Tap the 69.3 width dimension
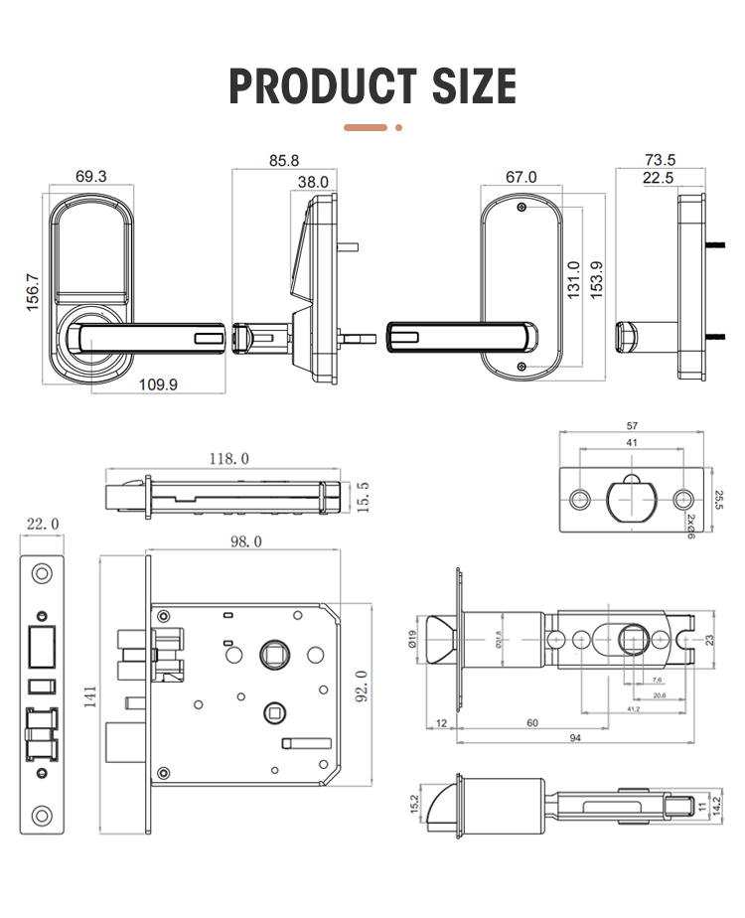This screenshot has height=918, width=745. click(90, 176)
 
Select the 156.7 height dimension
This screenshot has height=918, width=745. click(32, 290)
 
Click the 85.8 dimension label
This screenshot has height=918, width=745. click(283, 160)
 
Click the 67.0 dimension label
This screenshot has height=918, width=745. click(521, 177)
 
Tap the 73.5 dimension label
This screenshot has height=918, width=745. click(660, 160)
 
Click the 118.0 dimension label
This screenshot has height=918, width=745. click(227, 458)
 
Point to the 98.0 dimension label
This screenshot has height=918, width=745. click(244, 541)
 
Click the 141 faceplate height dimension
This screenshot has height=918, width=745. click(90, 700)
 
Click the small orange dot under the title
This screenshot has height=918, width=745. click(398, 127)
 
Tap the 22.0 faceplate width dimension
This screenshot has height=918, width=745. click(41, 525)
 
